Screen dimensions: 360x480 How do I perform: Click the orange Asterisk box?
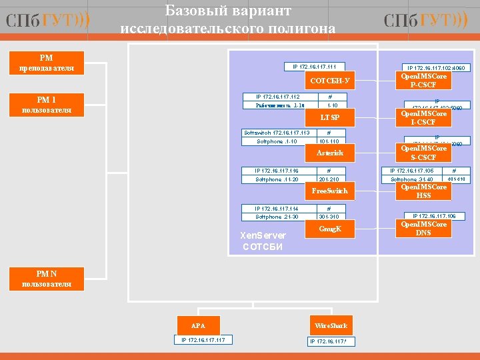pos(330,153)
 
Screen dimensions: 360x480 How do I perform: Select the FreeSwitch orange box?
pos(330,191)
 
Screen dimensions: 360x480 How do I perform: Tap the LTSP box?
pos(330,117)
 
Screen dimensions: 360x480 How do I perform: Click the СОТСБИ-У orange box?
pos(330,81)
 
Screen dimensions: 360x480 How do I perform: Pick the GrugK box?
pos(330,229)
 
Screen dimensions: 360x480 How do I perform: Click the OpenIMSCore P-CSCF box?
pos(423,81)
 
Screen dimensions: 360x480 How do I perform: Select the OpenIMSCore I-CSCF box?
pos(423,118)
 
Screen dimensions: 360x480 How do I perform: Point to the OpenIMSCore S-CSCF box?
pos(423,153)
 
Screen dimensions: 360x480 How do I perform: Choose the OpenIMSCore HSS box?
pos(423,191)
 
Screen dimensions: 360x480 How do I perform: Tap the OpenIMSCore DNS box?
pos(423,229)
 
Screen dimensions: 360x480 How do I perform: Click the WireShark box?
pos(331,325)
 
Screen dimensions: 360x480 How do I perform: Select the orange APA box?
pos(198,325)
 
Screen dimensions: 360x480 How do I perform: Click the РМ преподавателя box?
pos(47,63)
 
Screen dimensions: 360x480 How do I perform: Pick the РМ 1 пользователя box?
pos(47,105)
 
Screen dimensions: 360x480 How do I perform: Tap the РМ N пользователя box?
pos(47,279)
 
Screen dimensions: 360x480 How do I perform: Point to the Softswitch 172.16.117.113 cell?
pos(277,133)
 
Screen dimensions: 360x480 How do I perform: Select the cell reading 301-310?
pos(329,217)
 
